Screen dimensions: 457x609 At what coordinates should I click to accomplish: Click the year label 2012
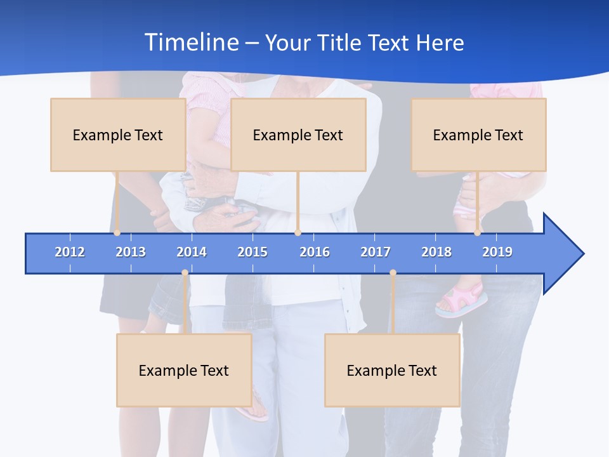[70, 252]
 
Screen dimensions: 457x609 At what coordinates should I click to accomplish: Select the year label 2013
[131, 252]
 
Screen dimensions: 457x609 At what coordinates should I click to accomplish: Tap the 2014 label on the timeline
[192, 252]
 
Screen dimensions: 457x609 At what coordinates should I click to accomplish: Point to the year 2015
[252, 252]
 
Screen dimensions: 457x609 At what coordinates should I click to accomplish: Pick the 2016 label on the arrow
[315, 252]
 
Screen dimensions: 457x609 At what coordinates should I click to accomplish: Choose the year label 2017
[376, 252]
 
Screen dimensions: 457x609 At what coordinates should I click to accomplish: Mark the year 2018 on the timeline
[436, 252]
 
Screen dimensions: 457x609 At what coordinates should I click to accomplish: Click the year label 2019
[497, 252]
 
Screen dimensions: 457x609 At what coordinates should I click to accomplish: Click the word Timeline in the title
[191, 43]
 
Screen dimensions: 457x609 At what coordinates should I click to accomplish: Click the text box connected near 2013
[117, 135]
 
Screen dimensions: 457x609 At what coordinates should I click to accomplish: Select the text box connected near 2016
[298, 135]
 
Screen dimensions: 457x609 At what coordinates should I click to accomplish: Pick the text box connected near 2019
[478, 135]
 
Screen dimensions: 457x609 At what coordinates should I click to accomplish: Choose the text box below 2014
[184, 370]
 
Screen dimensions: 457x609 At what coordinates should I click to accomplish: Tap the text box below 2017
[392, 370]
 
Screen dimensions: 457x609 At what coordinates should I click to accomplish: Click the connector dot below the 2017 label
[393, 273]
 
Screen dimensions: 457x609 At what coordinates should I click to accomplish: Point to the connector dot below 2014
[185, 273]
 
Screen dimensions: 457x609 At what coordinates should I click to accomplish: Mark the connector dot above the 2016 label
[298, 233]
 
